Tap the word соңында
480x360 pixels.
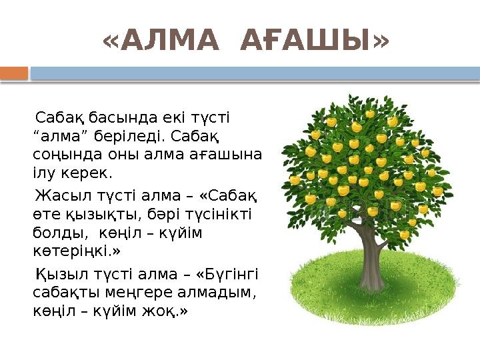click(x=61, y=155)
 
